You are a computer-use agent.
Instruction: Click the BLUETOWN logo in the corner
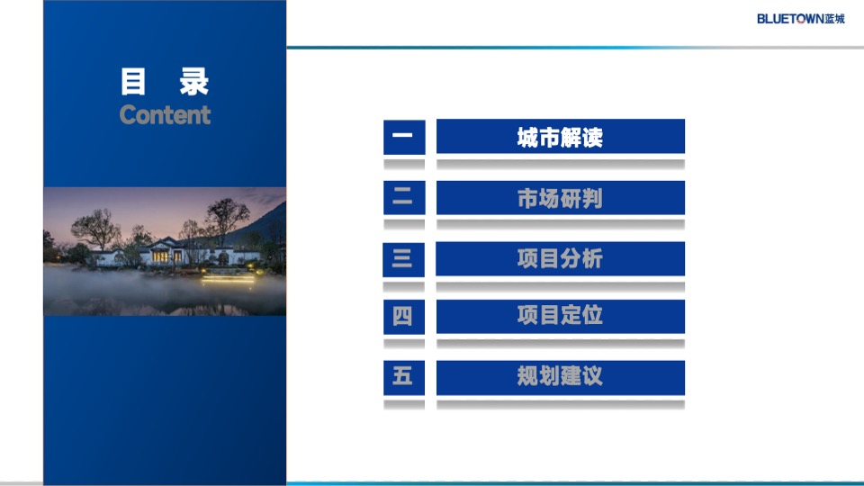[800, 19]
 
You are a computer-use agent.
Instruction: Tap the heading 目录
[165, 82]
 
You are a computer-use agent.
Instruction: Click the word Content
[165, 115]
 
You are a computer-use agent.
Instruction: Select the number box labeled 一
[403, 137]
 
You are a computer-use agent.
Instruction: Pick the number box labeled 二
[403, 198]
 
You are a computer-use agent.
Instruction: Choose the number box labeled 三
[403, 259]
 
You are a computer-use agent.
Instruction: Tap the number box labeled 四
[403, 316]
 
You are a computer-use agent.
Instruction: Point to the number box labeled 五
[403, 376]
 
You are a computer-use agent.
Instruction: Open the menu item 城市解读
[560, 137]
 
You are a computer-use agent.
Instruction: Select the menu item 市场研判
[560, 198]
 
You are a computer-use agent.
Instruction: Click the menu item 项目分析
[560, 259]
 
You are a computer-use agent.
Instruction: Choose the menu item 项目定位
[560, 316]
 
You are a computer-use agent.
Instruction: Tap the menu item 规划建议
[560, 376]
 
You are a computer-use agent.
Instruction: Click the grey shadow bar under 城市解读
[560, 165]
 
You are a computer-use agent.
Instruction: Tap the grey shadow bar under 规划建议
[560, 404]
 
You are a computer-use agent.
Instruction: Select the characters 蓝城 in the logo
[835, 19]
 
